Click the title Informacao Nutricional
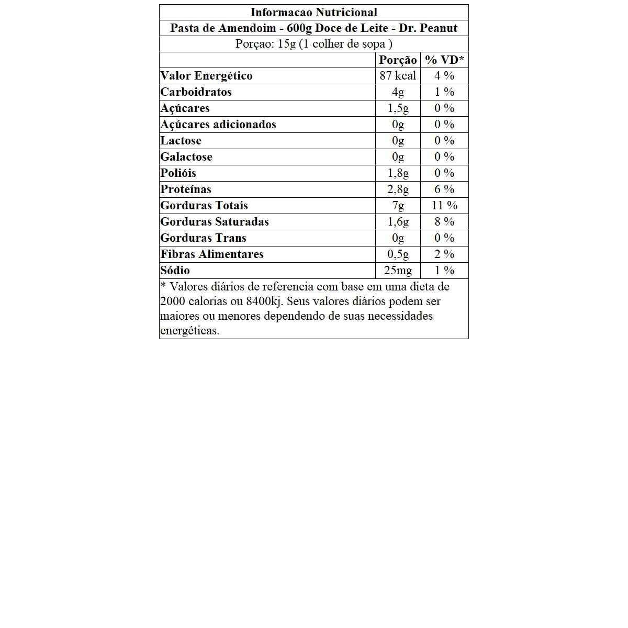pos(313,13)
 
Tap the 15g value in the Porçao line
pos(287,44)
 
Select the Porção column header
pos(398,60)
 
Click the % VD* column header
pos(444,60)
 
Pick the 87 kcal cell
pos(398,76)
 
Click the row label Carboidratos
pos(196,92)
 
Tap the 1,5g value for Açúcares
pos(398,108)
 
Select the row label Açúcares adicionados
pos(218,125)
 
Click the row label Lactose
pos(181,141)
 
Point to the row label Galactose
pos(186,157)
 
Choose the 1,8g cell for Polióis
pos(398,173)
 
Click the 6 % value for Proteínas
pos(444,189)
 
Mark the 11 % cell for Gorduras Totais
pos(444,206)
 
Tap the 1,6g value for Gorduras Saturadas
pos(398,222)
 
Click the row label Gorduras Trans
pos(203,238)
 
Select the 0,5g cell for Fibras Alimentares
pos(398,254)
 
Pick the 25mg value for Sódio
pos(398,271)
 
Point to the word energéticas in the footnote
pos(189,331)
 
